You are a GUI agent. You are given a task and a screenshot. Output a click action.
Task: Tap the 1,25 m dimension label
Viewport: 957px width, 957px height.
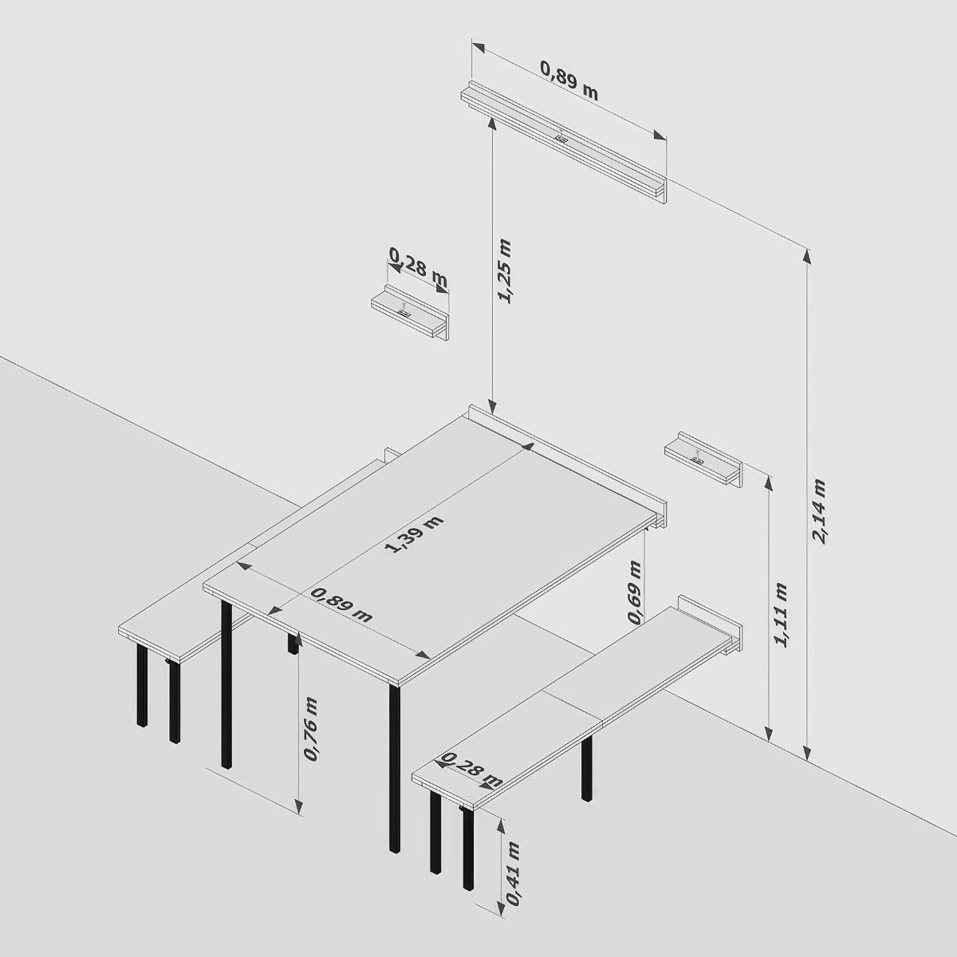click(506, 271)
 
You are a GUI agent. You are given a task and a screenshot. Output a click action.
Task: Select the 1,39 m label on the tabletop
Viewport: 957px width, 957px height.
click(414, 534)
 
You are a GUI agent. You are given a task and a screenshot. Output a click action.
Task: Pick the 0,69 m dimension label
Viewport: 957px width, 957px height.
click(635, 592)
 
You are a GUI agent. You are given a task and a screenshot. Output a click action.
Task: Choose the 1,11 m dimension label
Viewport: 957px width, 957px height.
click(782, 615)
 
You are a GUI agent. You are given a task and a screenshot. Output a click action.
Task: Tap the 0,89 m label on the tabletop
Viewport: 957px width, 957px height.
click(341, 605)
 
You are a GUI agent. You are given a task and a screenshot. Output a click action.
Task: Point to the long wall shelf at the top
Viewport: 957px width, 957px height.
click(564, 141)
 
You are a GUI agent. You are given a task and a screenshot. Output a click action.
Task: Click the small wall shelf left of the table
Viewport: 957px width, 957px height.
click(410, 313)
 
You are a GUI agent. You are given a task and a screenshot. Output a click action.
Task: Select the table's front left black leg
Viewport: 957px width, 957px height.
click(226, 684)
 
